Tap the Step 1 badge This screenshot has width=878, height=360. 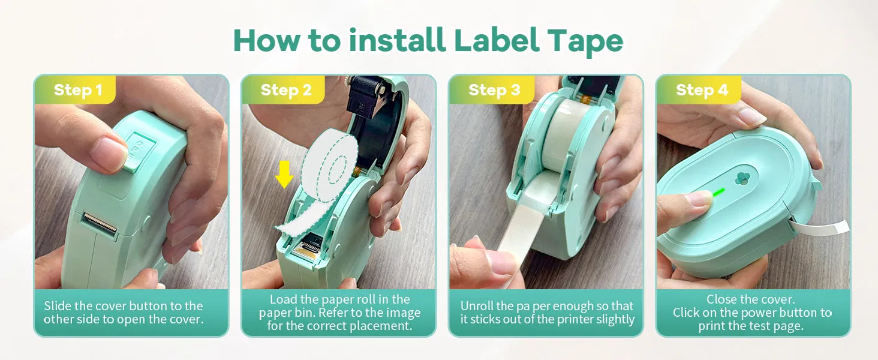[x=77, y=90]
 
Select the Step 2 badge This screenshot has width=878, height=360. [x=285, y=90]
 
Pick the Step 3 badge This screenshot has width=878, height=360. [x=494, y=90]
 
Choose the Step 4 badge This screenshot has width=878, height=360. [x=701, y=90]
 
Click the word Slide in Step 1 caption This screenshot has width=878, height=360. [x=58, y=305]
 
